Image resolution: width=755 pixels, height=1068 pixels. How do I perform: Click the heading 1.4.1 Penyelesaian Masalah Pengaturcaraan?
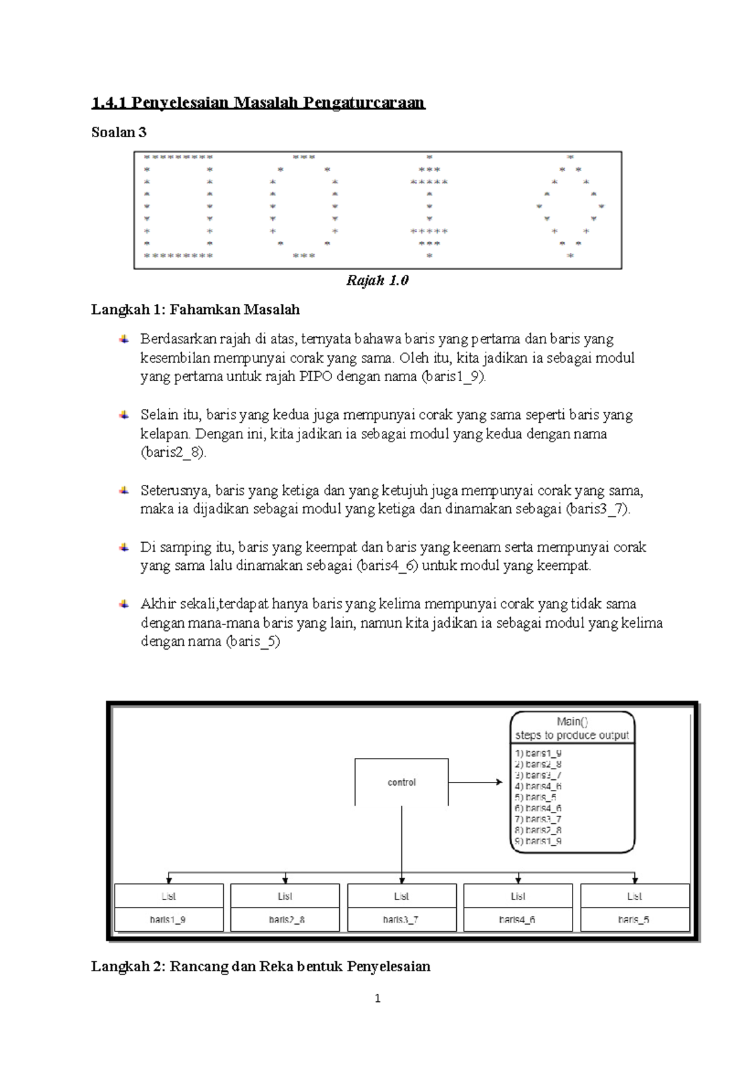[258, 103]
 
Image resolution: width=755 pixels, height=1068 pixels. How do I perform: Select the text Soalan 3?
[119, 132]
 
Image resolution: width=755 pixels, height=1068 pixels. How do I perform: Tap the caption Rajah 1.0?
[377, 281]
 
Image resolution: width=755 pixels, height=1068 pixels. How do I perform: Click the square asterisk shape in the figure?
[179, 206]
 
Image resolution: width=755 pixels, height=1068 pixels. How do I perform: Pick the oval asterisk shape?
[304, 206]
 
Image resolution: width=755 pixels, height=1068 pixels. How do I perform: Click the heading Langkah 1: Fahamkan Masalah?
[195, 309]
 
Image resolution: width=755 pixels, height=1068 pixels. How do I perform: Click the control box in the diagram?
[401, 782]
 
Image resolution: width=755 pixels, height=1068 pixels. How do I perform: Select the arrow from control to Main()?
[476, 782]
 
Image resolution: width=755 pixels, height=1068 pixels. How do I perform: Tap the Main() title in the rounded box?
[572, 721]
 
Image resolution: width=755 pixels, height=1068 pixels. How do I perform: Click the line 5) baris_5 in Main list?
[535, 797]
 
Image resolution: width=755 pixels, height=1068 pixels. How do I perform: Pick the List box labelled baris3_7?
[401, 908]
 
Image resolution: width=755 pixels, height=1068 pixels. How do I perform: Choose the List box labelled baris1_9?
[168, 908]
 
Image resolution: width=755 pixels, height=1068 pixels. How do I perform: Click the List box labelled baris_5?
[634, 908]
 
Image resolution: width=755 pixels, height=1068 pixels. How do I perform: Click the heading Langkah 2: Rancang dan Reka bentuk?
[260, 966]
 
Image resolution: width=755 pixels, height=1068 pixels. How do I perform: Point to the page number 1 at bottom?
[377, 998]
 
